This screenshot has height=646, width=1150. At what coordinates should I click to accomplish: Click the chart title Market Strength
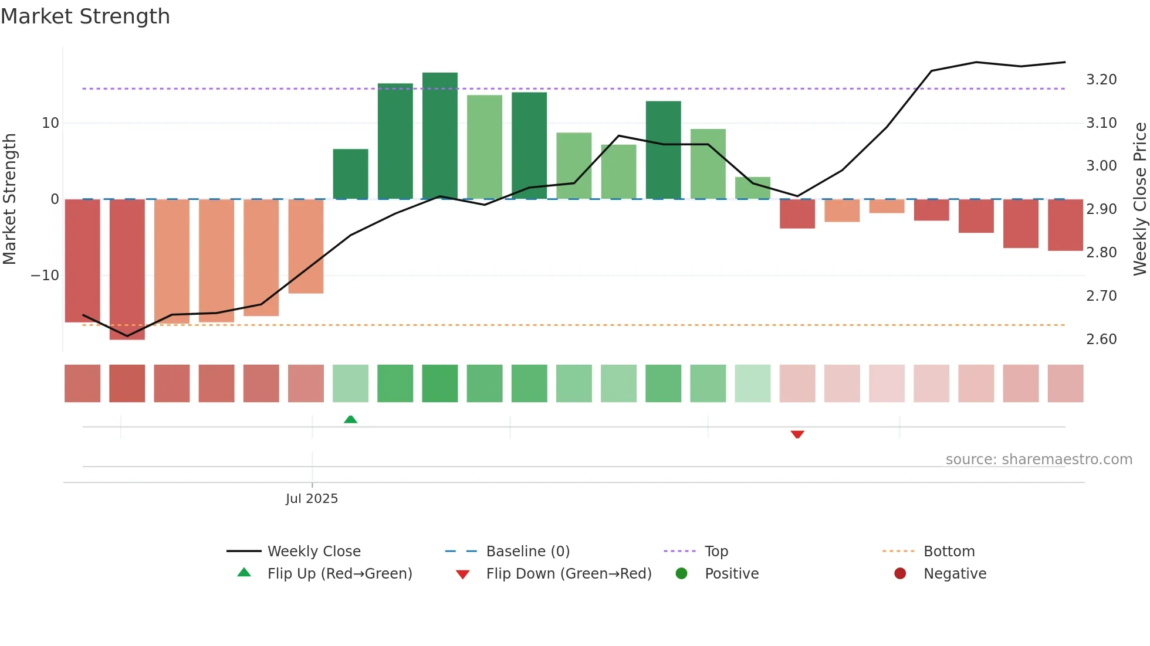(85, 16)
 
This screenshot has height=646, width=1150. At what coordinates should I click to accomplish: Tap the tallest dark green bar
(439, 135)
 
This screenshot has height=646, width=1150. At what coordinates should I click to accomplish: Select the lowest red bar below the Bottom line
(127, 269)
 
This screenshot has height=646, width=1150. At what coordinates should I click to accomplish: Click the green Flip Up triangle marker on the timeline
(350, 419)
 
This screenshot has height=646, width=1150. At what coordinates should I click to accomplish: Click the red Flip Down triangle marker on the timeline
(797, 434)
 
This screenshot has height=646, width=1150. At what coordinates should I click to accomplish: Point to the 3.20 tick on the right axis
(1101, 80)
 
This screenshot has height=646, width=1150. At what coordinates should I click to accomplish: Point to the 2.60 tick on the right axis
(1101, 339)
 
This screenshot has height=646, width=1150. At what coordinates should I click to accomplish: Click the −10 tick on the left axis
(45, 276)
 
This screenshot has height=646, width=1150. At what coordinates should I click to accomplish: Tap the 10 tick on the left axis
(50, 123)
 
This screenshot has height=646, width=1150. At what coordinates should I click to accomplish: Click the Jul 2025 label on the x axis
(312, 499)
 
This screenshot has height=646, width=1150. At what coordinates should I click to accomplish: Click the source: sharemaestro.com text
(1039, 460)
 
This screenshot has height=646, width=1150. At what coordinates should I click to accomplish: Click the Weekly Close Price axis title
(1139, 199)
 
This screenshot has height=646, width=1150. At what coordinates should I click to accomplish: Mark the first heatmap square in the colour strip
(82, 383)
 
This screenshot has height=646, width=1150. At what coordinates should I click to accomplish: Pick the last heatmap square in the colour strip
(1065, 383)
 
